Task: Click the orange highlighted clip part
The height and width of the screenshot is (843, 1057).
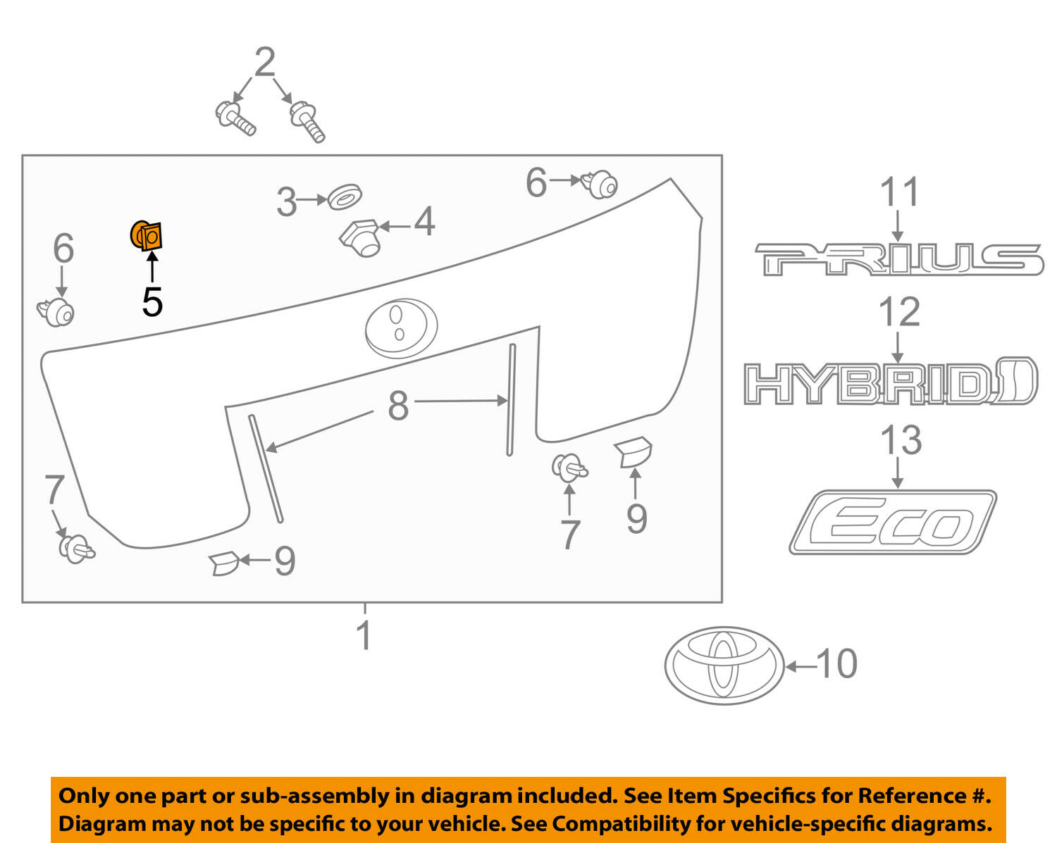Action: pyautogui.click(x=147, y=235)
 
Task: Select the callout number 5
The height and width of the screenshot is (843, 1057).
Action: pyautogui.click(x=152, y=302)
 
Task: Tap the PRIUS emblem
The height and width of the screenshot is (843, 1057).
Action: pyautogui.click(x=898, y=259)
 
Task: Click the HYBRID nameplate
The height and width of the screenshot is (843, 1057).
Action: pyautogui.click(x=890, y=382)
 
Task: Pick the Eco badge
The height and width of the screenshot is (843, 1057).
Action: pyautogui.click(x=892, y=523)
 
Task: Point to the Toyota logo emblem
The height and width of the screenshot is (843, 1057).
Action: pyautogui.click(x=724, y=665)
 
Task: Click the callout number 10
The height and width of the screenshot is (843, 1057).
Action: pyautogui.click(x=836, y=664)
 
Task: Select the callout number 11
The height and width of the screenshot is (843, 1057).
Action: pyautogui.click(x=900, y=192)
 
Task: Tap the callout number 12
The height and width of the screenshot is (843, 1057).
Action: pyautogui.click(x=900, y=312)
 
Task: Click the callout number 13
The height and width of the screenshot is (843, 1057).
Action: pyautogui.click(x=901, y=439)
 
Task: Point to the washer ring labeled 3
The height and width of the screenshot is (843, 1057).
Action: pyautogui.click(x=345, y=196)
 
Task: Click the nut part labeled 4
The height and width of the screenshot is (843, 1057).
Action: pyautogui.click(x=361, y=237)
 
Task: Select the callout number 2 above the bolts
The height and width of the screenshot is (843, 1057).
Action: pyautogui.click(x=264, y=63)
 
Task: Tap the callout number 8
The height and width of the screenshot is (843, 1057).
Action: pyautogui.click(x=398, y=406)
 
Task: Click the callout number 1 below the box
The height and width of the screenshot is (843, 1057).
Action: pyautogui.click(x=364, y=635)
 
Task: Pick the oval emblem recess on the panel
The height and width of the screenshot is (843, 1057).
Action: pyautogui.click(x=401, y=327)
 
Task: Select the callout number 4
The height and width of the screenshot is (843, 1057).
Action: pyautogui.click(x=424, y=223)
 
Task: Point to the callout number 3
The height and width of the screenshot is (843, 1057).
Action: pyautogui.click(x=286, y=202)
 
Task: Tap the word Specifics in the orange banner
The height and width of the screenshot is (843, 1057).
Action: pyautogui.click(x=774, y=796)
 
